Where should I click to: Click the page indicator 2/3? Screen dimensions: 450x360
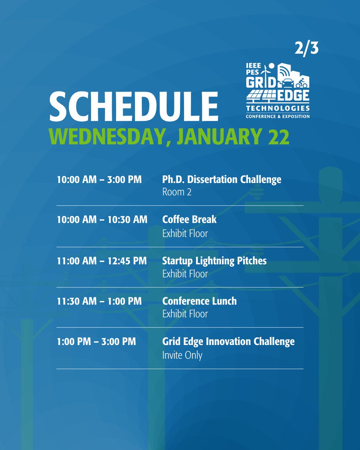(306, 48)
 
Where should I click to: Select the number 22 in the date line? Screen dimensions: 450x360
(278, 137)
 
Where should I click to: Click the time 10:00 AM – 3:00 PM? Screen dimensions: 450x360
(99, 180)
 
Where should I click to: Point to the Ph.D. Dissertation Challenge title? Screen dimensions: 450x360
(222, 180)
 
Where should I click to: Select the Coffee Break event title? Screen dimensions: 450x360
(189, 219)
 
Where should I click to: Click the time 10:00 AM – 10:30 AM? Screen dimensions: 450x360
(102, 219)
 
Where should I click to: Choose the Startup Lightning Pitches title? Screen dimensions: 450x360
(214, 261)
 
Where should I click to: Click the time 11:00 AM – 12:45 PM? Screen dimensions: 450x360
(102, 261)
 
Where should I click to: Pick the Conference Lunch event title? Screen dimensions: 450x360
(199, 301)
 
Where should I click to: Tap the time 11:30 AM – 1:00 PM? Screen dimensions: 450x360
(99, 301)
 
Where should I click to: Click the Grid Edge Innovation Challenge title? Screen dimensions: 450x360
(228, 341)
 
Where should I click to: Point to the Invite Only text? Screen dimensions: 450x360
(182, 355)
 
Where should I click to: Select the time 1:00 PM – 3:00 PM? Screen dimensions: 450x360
(96, 341)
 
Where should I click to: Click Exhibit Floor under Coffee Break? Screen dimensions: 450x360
(185, 233)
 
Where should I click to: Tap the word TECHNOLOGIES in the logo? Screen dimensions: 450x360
(277, 108)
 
